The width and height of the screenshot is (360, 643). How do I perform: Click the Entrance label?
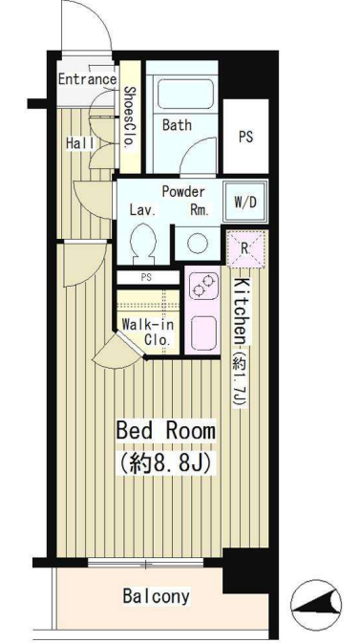coord(87,79)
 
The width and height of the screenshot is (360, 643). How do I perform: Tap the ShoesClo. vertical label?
coord(131,118)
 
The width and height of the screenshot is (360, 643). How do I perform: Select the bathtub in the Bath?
coord(186,95)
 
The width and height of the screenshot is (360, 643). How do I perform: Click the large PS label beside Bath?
coord(245,137)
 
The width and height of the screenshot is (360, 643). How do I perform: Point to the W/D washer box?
coord(245,202)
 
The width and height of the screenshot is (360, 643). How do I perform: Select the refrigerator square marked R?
coord(247,247)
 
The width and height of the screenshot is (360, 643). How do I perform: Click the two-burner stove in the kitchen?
coord(203,286)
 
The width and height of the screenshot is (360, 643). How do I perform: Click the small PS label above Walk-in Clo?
coord(146,277)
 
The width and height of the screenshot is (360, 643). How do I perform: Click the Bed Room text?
coord(166,431)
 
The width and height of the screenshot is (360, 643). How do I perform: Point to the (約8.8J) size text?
coord(165,463)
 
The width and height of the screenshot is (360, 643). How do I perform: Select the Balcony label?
coord(157,596)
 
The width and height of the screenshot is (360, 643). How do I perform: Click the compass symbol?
coord(316,604)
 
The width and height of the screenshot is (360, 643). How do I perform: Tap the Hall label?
coord(79,143)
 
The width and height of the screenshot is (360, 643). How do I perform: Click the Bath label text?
coord(177,125)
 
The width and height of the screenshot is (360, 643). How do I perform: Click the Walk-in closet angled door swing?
coord(118,351)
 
